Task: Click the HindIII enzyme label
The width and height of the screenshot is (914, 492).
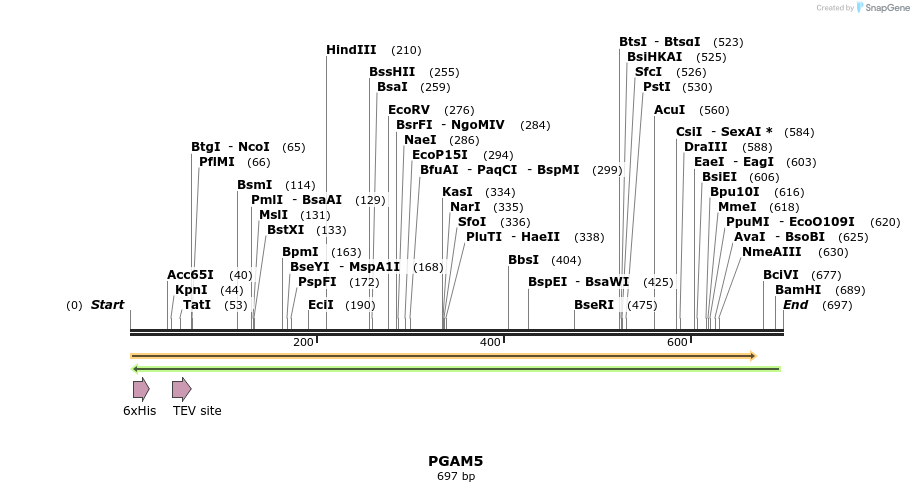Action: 351,50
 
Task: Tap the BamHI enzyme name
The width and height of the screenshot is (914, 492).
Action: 798,290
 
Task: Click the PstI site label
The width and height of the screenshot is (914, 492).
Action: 656,87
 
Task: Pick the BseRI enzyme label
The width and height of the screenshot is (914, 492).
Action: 594,305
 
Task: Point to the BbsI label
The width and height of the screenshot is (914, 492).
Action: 523,260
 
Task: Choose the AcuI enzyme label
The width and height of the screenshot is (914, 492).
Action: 669,110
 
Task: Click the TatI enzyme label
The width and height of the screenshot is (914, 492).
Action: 197,305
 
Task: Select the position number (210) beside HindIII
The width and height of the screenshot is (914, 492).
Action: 406,50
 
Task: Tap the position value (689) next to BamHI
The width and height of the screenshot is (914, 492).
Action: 850,290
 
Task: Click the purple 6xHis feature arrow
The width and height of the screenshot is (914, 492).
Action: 141,389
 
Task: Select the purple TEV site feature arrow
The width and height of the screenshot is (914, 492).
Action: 181,389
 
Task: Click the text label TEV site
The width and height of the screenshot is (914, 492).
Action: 197,411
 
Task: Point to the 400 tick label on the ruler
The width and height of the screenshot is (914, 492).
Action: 490,343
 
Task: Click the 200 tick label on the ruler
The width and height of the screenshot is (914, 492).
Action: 303,343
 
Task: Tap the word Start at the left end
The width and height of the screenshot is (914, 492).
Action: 108,305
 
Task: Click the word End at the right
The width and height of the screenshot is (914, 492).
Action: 795,305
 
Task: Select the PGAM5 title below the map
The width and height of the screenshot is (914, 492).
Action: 456,461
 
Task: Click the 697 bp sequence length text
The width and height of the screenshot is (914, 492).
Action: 456,477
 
